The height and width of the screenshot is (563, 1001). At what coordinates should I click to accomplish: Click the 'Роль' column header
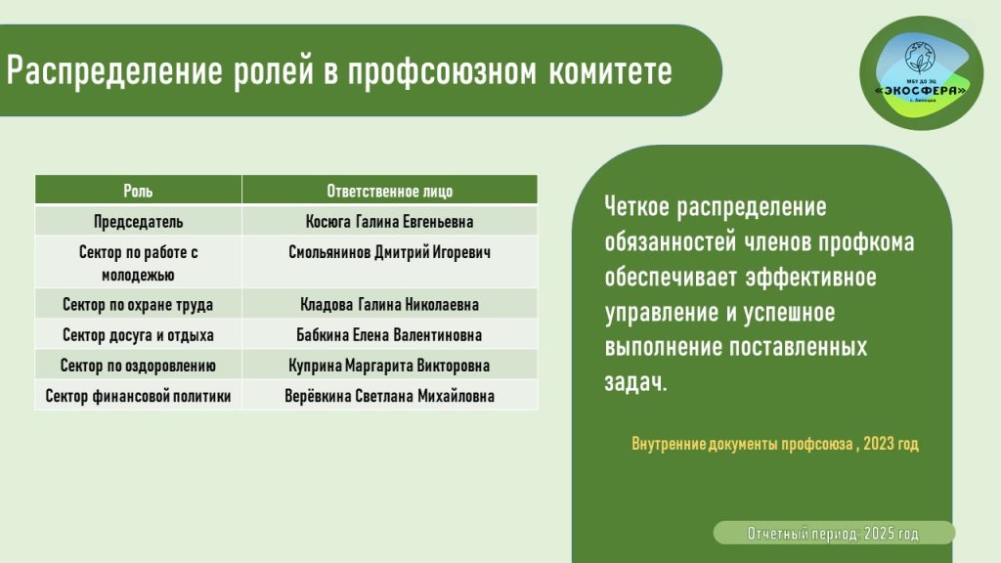(138, 191)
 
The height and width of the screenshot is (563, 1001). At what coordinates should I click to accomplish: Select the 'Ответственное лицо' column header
(389, 191)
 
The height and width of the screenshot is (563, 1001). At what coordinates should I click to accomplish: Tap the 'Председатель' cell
(138, 222)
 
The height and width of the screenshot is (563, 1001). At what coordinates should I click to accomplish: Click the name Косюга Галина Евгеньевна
(389, 222)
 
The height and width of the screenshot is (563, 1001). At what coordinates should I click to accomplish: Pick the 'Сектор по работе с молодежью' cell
(138, 263)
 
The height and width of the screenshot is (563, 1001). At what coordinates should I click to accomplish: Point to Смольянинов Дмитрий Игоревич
(389, 252)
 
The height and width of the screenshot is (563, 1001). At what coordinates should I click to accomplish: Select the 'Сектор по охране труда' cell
(138, 305)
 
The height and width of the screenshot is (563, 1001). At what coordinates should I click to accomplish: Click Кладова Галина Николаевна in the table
(389, 305)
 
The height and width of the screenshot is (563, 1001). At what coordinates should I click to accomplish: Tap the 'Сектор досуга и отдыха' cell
(138, 335)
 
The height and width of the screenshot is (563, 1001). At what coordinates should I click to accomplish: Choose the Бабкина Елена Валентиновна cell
(389, 335)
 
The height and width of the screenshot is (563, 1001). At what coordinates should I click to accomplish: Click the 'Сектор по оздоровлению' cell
(138, 366)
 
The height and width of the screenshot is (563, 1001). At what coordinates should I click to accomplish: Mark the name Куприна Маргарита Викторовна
(389, 366)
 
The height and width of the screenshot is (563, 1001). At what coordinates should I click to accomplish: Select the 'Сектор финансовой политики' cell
(138, 396)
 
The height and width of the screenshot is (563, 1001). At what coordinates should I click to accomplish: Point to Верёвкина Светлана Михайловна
(389, 396)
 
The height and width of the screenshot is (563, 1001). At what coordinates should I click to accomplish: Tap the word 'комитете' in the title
(610, 70)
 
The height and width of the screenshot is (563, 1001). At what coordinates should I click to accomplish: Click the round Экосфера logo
(921, 73)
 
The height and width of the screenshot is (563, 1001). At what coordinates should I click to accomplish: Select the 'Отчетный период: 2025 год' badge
(834, 533)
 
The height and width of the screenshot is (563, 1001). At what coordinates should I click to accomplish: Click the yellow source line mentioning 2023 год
(775, 444)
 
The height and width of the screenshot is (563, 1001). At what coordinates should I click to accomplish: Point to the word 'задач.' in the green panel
(635, 382)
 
